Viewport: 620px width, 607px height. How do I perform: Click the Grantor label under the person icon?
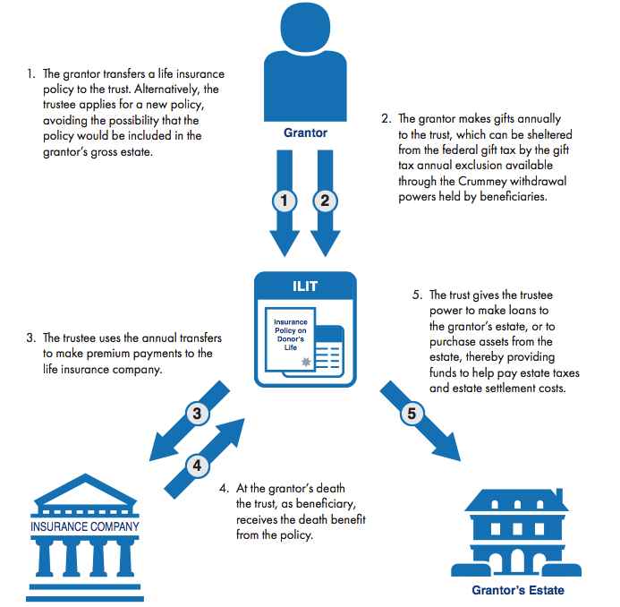(x=304, y=133)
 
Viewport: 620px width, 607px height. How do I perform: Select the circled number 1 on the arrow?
(x=285, y=200)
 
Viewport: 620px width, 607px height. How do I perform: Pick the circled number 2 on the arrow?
(x=326, y=200)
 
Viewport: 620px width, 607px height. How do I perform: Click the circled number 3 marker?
(x=198, y=414)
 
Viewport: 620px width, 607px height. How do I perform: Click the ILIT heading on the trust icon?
(x=305, y=287)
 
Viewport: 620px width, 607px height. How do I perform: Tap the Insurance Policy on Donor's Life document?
(x=291, y=336)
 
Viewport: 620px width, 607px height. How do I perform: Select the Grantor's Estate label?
(x=518, y=590)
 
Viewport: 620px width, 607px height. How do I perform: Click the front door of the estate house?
(x=518, y=560)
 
